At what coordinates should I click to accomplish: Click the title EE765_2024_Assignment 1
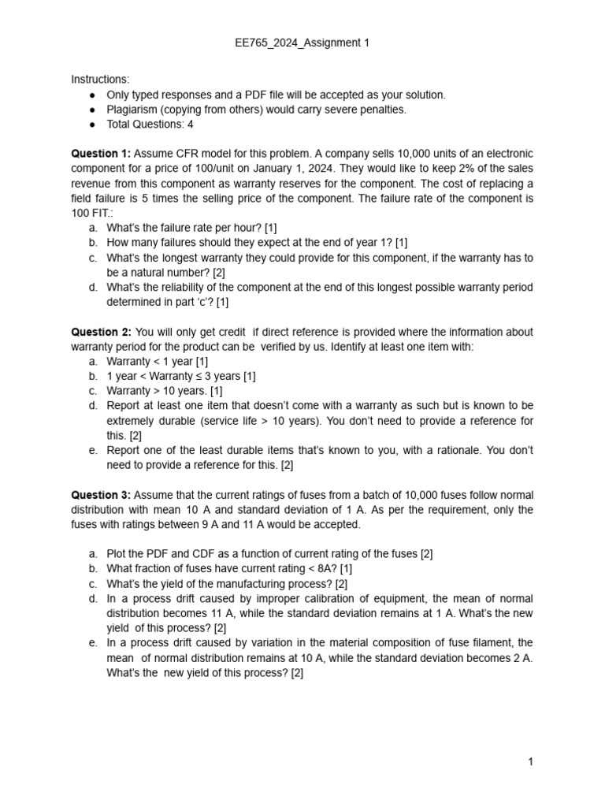point(302,43)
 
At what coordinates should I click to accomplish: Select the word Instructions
point(100,80)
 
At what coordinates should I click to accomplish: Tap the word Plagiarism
point(135,110)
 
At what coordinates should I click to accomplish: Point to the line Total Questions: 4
point(150,125)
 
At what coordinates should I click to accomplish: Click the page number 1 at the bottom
point(531,762)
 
